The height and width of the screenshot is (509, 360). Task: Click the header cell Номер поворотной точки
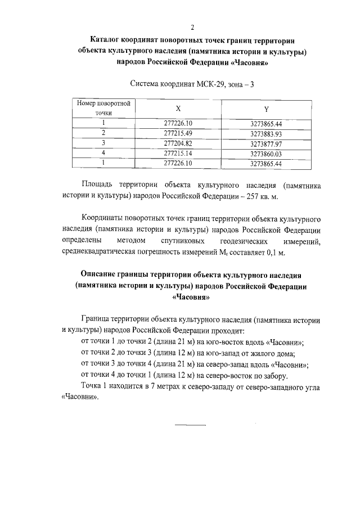[104, 108]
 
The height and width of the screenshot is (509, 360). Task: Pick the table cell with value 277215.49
[178, 133]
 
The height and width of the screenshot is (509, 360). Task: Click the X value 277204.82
[178, 143]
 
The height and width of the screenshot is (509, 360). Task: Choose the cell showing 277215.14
[178, 154]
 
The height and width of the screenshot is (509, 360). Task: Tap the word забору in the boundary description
[274, 375]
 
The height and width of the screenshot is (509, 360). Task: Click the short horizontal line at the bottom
[190, 425]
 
